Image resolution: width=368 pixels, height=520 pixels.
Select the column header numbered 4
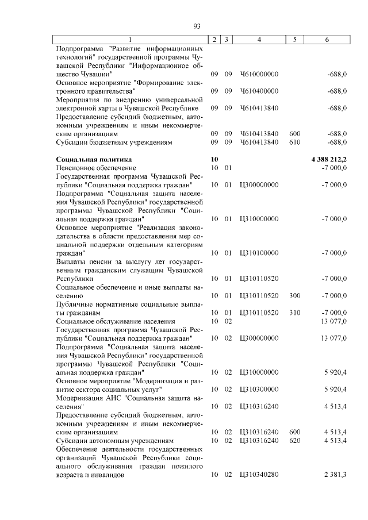pyautogui.click(x=259, y=40)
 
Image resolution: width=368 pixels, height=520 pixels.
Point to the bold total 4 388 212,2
pyautogui.click(x=328, y=159)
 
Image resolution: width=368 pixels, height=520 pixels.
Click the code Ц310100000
pyautogui.click(x=259, y=252)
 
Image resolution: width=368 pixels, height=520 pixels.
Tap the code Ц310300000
pyautogui.click(x=259, y=389)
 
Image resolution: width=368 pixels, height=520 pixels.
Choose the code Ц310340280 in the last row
pyautogui.click(x=259, y=475)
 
